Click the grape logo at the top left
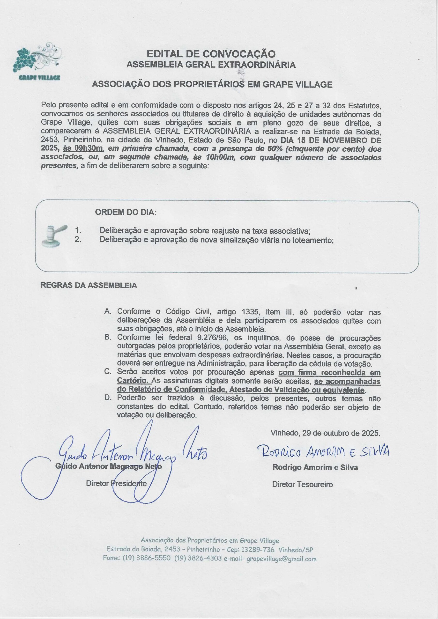tap(38, 60)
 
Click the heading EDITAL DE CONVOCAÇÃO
tap(211, 54)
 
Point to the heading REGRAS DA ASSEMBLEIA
tap(89, 286)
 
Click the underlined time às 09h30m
tap(83, 148)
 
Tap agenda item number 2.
tap(78, 239)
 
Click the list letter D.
tap(108, 398)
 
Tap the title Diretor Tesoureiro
tap(302, 485)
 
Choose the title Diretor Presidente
tap(116, 483)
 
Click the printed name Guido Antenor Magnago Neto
tap(108, 466)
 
